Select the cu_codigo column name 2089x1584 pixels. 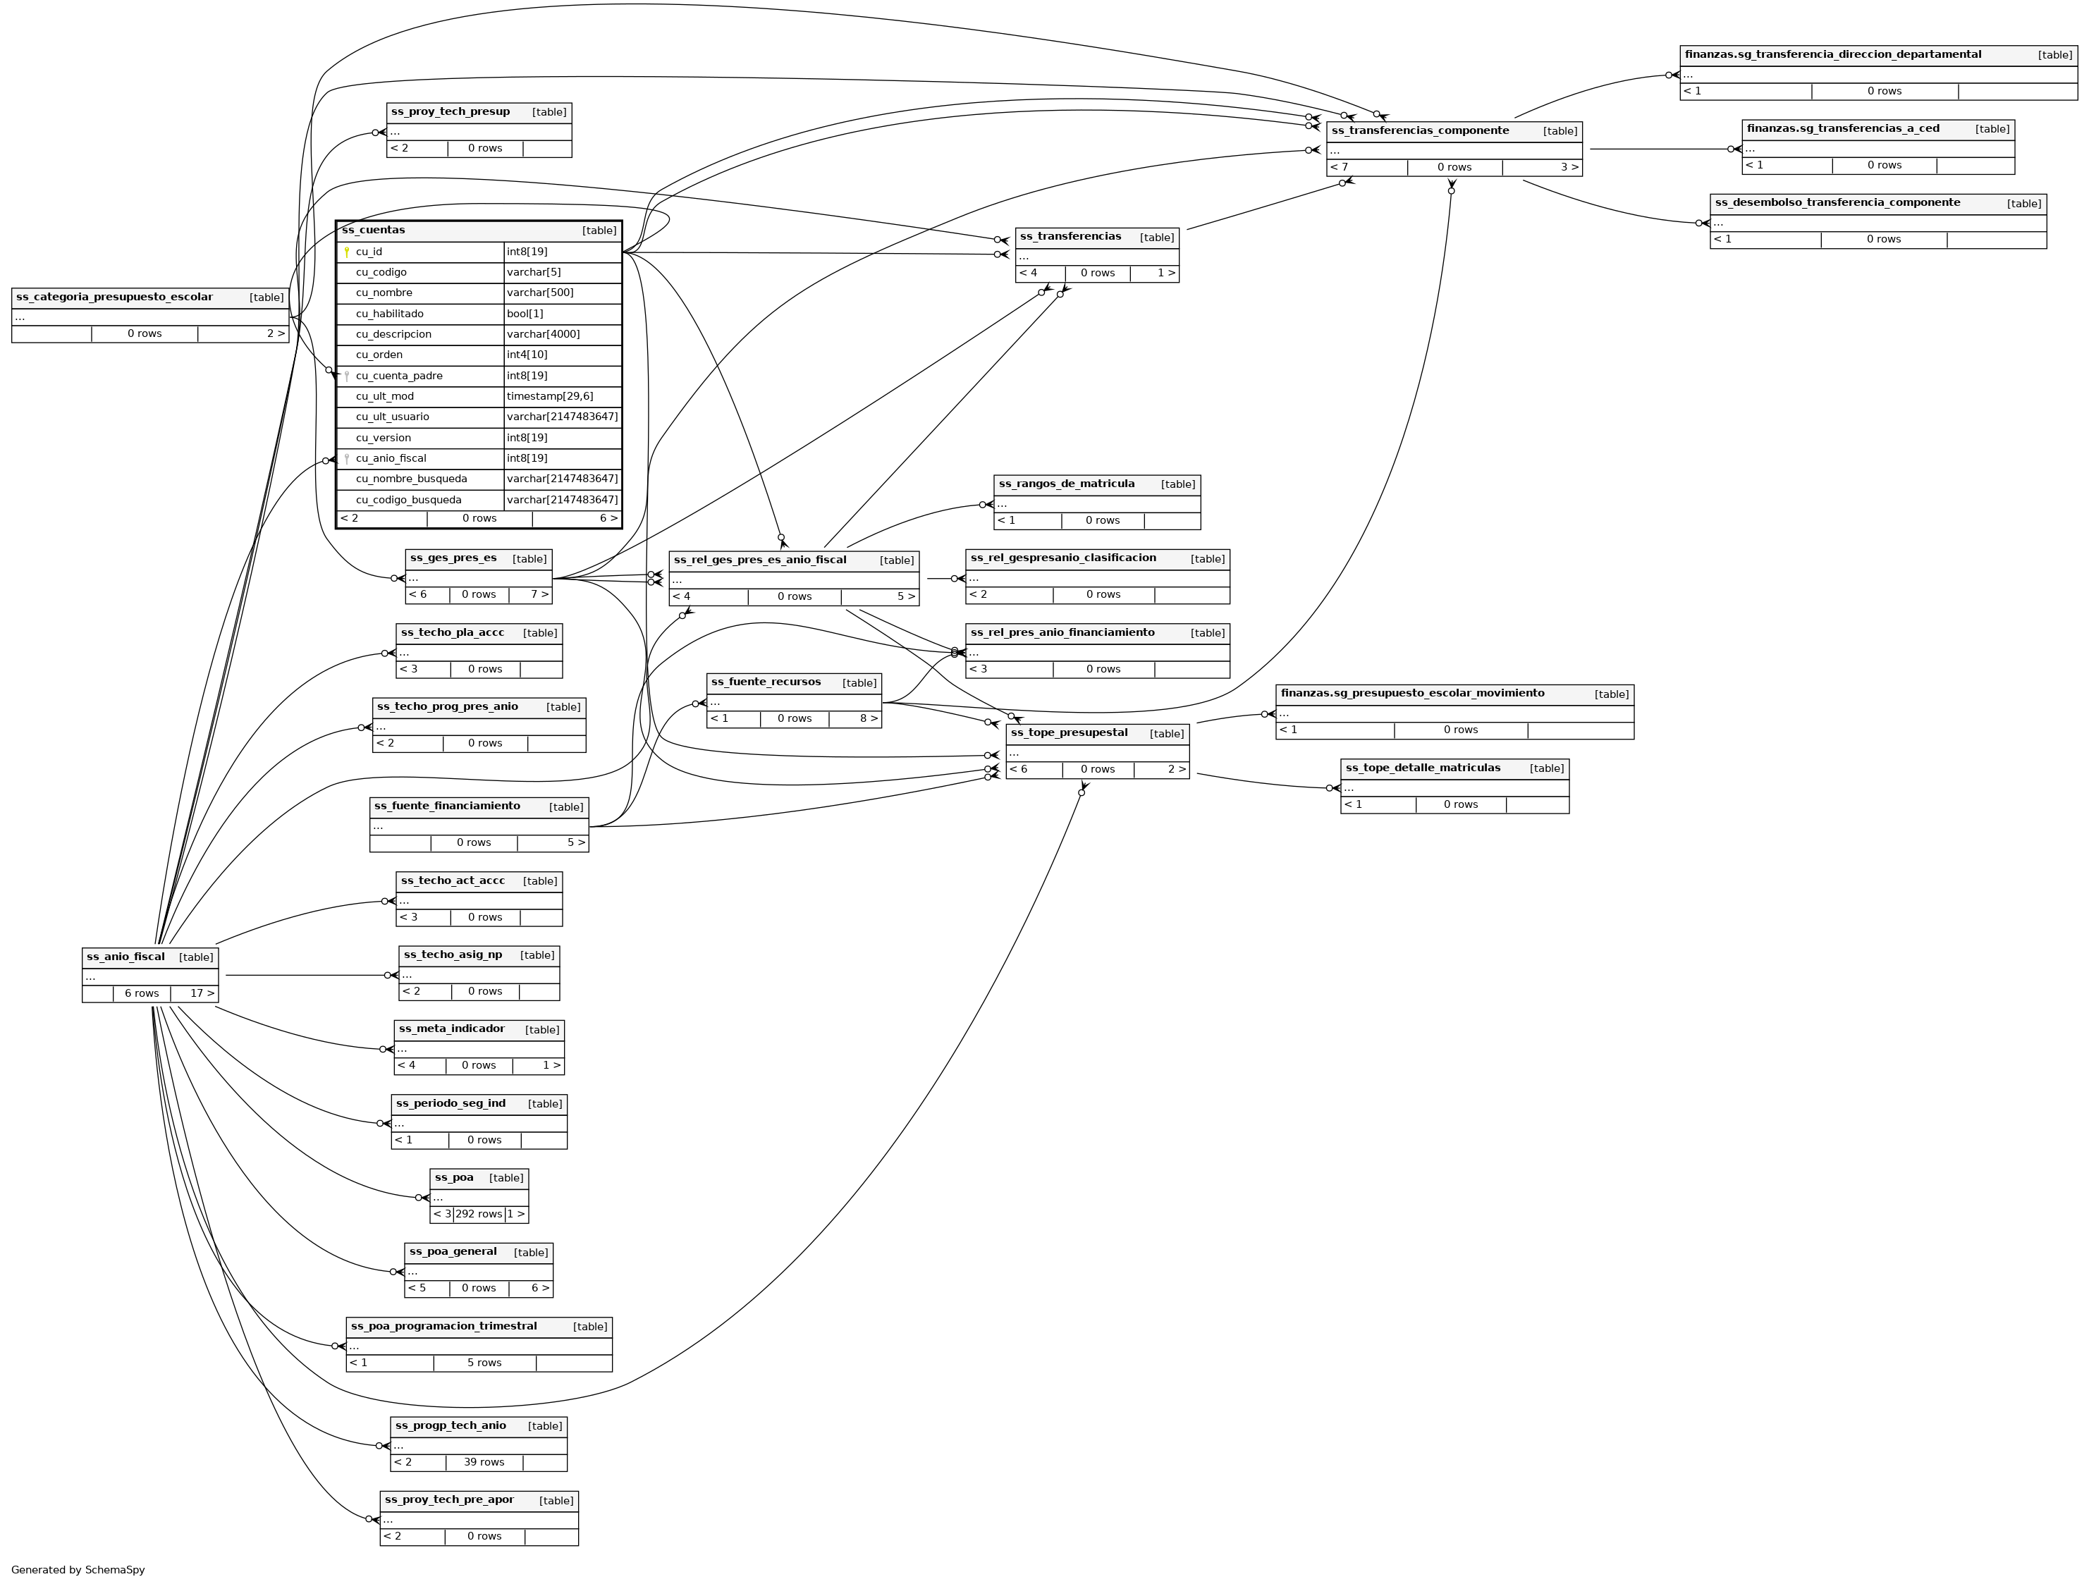click(381, 272)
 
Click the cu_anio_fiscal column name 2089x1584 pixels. click(391, 458)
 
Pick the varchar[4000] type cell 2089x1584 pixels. click(543, 334)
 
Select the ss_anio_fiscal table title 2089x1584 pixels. click(125, 957)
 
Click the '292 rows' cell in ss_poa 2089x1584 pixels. click(478, 1214)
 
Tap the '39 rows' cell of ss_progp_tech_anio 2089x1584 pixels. click(484, 1462)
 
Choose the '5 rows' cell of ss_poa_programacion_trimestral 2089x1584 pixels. click(484, 1363)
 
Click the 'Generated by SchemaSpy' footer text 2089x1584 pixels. click(78, 1570)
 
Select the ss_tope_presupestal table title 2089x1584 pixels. click(1069, 733)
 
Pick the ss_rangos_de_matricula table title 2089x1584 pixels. click(1066, 484)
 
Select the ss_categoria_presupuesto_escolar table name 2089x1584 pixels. click(114, 297)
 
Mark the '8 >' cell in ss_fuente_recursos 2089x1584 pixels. click(868, 719)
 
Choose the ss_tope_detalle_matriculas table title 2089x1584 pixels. click(1422, 768)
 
